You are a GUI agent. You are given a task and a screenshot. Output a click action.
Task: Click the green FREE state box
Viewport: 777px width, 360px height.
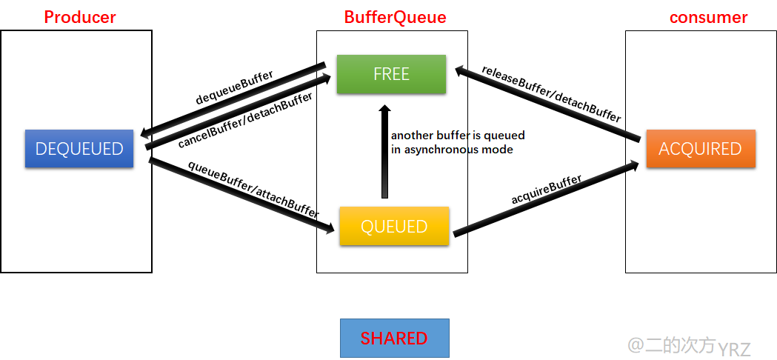point(391,74)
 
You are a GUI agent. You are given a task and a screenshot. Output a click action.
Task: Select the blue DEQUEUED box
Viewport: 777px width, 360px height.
point(79,149)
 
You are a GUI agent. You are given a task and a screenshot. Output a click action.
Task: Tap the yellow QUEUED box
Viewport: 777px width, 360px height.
point(394,227)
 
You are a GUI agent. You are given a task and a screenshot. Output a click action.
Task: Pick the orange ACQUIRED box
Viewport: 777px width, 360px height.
point(700,149)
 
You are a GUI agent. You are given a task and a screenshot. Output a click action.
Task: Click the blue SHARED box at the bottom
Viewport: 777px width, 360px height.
point(394,339)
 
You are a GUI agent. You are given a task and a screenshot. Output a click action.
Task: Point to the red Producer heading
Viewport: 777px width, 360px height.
point(80,17)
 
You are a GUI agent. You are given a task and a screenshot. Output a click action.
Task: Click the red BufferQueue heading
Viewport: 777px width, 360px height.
point(395,17)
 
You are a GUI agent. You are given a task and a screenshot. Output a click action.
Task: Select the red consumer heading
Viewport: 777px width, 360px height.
point(708,17)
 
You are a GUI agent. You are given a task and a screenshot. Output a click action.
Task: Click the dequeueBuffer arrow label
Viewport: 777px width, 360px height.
point(234,87)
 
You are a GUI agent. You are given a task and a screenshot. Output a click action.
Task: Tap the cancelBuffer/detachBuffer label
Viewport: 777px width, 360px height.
point(245,121)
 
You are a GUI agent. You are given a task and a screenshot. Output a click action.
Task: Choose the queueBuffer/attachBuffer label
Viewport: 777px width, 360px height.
point(253,188)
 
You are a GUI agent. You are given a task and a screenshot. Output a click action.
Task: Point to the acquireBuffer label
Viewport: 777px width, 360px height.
point(546,190)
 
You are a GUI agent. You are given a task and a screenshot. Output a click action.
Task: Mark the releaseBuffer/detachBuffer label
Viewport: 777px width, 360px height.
point(551,93)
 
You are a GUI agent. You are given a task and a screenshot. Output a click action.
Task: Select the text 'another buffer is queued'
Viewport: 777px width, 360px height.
point(458,136)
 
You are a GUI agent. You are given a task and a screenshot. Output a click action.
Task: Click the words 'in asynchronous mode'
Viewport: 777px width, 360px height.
point(452,149)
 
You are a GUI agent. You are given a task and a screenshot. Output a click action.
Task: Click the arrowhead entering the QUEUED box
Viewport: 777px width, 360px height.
point(329,230)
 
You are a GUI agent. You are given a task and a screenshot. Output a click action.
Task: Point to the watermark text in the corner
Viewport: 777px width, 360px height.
point(689,346)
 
